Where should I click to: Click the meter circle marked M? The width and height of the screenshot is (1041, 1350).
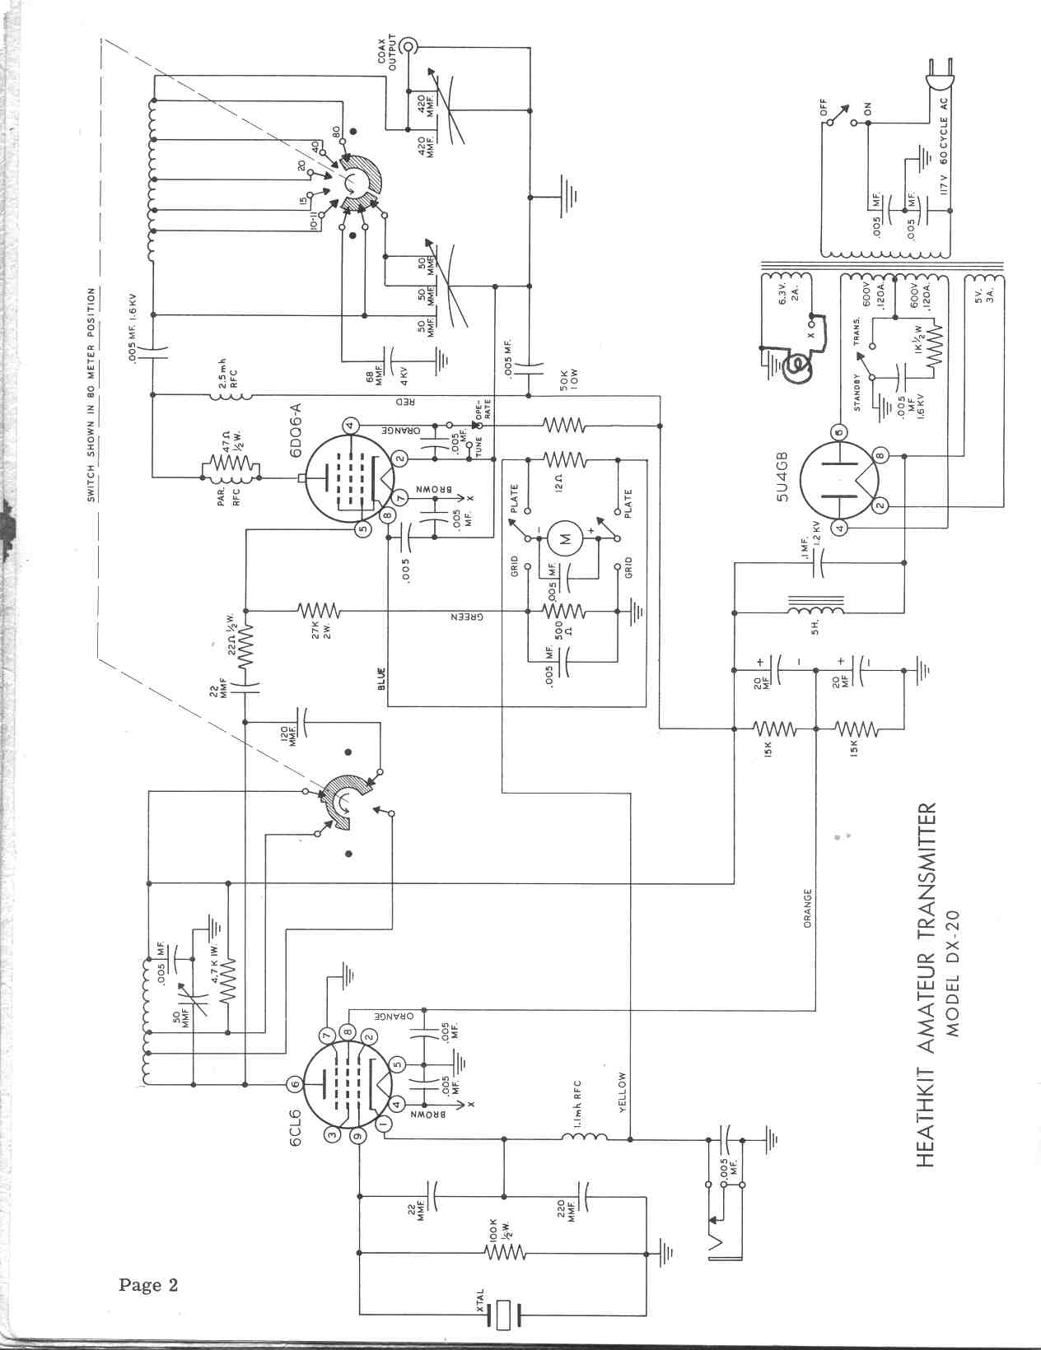564,539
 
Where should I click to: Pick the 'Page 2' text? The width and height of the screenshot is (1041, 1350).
148,1284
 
